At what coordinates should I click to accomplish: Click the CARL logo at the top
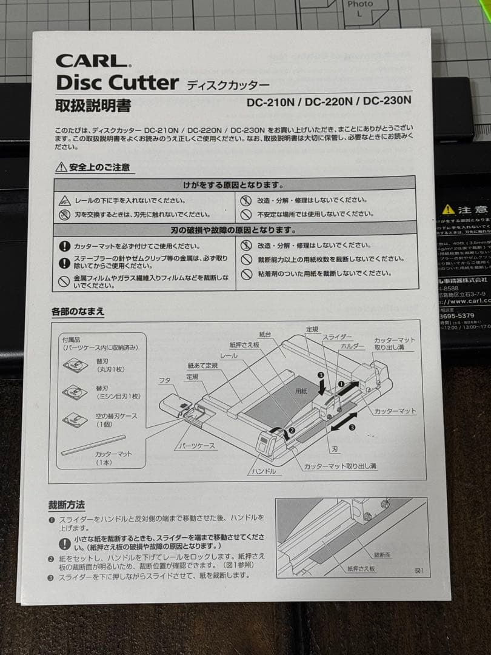93,61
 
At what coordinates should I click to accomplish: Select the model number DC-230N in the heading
387,101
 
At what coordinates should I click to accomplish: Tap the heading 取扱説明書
93,106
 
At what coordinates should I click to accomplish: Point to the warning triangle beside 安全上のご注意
61,167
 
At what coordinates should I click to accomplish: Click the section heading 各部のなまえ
78,312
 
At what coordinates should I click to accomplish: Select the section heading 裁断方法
67,505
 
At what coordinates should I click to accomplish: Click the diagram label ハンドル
262,471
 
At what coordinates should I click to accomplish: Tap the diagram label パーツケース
196,446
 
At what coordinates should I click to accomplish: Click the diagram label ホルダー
352,346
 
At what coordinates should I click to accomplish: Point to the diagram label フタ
164,380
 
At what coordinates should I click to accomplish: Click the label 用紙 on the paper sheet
301,392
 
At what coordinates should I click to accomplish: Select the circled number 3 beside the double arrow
352,427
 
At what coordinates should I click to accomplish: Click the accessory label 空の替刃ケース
117,416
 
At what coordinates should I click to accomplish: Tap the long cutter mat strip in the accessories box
93,445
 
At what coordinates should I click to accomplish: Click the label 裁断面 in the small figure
382,555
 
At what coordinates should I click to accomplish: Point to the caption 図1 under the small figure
419,571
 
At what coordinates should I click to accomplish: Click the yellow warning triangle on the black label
448,209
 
